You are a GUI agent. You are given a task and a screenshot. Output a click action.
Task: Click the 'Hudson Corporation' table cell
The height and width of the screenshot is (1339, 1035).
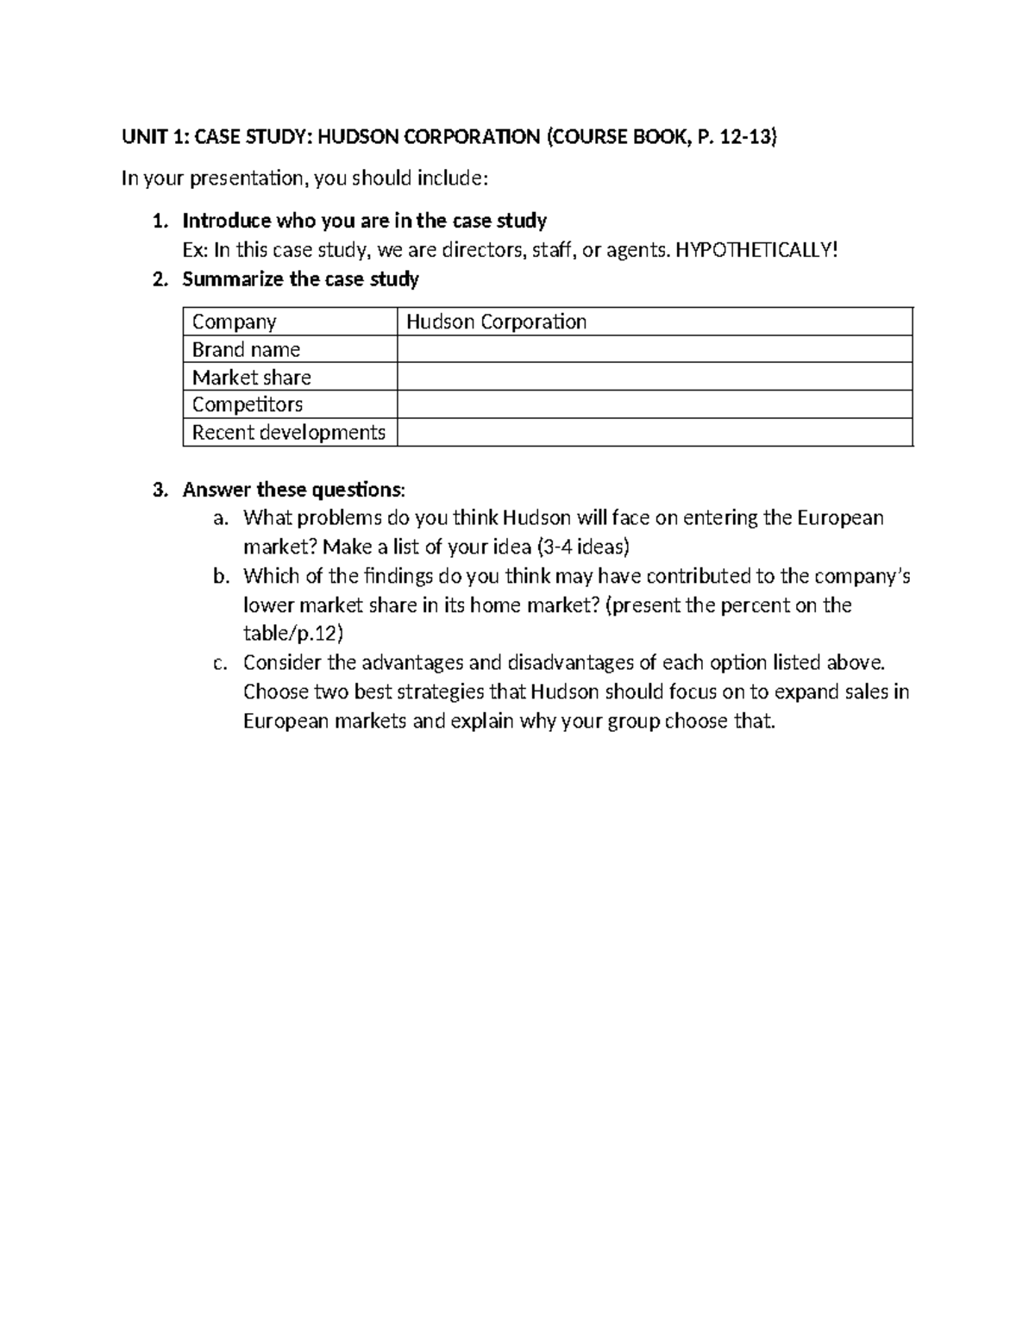point(496,322)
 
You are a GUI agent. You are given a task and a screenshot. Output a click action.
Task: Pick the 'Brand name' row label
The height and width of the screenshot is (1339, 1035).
point(246,350)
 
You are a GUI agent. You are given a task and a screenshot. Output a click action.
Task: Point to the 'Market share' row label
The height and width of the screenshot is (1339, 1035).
point(251,378)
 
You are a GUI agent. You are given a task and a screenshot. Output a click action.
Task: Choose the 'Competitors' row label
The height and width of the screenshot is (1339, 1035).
point(248,404)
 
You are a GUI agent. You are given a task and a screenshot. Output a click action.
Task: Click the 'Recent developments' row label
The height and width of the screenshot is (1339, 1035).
point(288,432)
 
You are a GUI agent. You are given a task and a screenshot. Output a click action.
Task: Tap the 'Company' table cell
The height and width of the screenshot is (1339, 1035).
point(234,322)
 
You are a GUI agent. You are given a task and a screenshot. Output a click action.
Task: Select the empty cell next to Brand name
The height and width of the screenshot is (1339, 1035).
point(654,350)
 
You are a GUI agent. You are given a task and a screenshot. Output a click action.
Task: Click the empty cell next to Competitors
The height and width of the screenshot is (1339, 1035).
point(654,404)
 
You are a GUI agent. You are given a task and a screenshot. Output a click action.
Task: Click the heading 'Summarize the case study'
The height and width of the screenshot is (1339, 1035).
point(300,279)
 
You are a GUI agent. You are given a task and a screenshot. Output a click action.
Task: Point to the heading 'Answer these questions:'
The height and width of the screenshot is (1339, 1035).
point(292,491)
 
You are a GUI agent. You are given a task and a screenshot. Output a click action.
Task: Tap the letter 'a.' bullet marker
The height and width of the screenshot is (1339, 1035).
point(221,519)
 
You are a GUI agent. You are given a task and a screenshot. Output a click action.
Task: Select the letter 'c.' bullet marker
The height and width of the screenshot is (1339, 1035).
point(221,664)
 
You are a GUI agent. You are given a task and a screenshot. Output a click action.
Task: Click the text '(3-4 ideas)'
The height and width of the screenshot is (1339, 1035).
point(583,547)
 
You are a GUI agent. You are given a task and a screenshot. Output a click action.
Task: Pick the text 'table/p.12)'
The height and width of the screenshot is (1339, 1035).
point(293,635)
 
